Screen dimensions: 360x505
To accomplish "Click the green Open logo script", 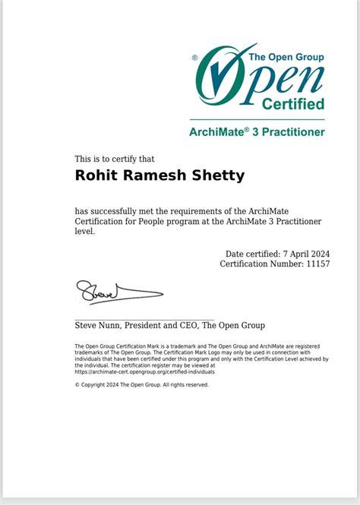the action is [258, 77].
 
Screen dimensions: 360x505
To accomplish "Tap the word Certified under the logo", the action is [293, 103].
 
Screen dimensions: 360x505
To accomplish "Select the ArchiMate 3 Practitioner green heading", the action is [257, 131].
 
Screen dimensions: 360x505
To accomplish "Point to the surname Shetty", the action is [219, 176].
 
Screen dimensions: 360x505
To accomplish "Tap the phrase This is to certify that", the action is [115, 159].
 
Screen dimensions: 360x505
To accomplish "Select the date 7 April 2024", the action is [308, 254].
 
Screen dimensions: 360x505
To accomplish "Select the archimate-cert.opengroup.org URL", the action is [144, 372].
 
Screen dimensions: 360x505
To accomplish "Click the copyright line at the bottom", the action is [141, 385].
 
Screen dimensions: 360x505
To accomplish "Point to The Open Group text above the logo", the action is [286, 57].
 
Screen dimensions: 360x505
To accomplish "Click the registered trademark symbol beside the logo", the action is [194, 57].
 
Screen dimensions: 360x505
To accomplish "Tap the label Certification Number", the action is [264, 264].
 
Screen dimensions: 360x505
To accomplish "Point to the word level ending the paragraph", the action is [84, 231].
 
